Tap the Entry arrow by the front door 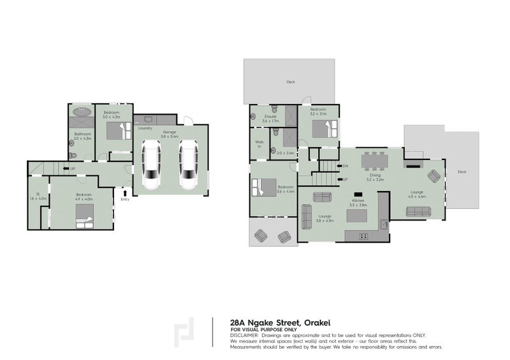pyautogui.click(x=124, y=192)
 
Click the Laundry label pyautogui.click(x=145, y=128)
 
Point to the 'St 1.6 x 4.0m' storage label pyautogui.click(x=38, y=196)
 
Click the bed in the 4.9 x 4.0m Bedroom pyautogui.click(x=84, y=220)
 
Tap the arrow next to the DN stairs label pyautogui.click(x=339, y=166)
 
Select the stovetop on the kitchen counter pyautogui.click(x=363, y=236)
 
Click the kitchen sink pyautogui.click(x=384, y=224)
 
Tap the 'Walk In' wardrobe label pyautogui.click(x=259, y=144)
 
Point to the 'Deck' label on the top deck pyautogui.click(x=291, y=82)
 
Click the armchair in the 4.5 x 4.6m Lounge pyautogui.click(x=433, y=176)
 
